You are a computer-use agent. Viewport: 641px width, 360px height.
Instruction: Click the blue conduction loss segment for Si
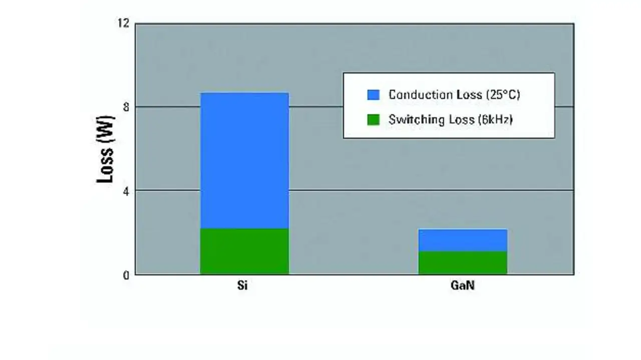244,160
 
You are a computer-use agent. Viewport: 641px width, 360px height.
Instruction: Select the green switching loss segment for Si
244,251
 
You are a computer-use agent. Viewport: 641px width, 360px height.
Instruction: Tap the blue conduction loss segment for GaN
462,240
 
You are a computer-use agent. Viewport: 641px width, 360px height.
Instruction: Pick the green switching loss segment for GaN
462,263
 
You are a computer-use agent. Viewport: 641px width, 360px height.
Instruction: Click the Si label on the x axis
242,288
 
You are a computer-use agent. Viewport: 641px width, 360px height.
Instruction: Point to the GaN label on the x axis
462,288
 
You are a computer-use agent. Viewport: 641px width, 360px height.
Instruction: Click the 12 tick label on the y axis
124,23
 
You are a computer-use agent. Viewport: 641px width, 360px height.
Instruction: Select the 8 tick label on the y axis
126,107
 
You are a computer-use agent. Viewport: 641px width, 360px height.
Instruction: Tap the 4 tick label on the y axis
126,190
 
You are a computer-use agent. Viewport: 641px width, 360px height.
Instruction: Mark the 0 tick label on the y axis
126,274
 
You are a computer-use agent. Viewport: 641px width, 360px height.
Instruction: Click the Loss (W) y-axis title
106,149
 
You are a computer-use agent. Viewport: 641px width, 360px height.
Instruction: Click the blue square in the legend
374,95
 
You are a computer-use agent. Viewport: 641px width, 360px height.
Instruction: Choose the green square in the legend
374,120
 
